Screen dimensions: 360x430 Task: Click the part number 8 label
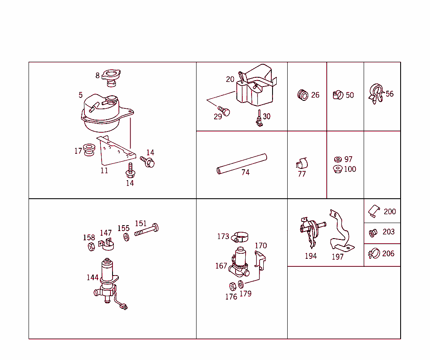(x=97, y=76)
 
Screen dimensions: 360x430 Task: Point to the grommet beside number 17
(x=89, y=150)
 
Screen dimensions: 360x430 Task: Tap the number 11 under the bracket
(x=104, y=171)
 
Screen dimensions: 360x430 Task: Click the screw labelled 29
(x=226, y=112)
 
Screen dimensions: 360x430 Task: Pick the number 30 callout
(x=267, y=116)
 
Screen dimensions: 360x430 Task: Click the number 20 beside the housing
(x=230, y=79)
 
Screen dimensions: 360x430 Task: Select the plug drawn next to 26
(x=302, y=95)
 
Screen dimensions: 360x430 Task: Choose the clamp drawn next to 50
(x=338, y=95)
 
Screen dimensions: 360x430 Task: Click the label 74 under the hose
(x=245, y=172)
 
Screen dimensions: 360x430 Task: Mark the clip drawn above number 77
(x=302, y=163)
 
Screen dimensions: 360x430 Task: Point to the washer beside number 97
(x=338, y=159)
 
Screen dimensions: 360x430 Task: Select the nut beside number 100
(x=338, y=169)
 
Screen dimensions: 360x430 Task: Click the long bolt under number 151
(x=147, y=230)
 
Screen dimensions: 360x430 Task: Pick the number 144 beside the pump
(x=92, y=277)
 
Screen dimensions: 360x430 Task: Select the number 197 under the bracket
(x=338, y=257)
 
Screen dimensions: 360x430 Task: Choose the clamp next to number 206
(x=374, y=253)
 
